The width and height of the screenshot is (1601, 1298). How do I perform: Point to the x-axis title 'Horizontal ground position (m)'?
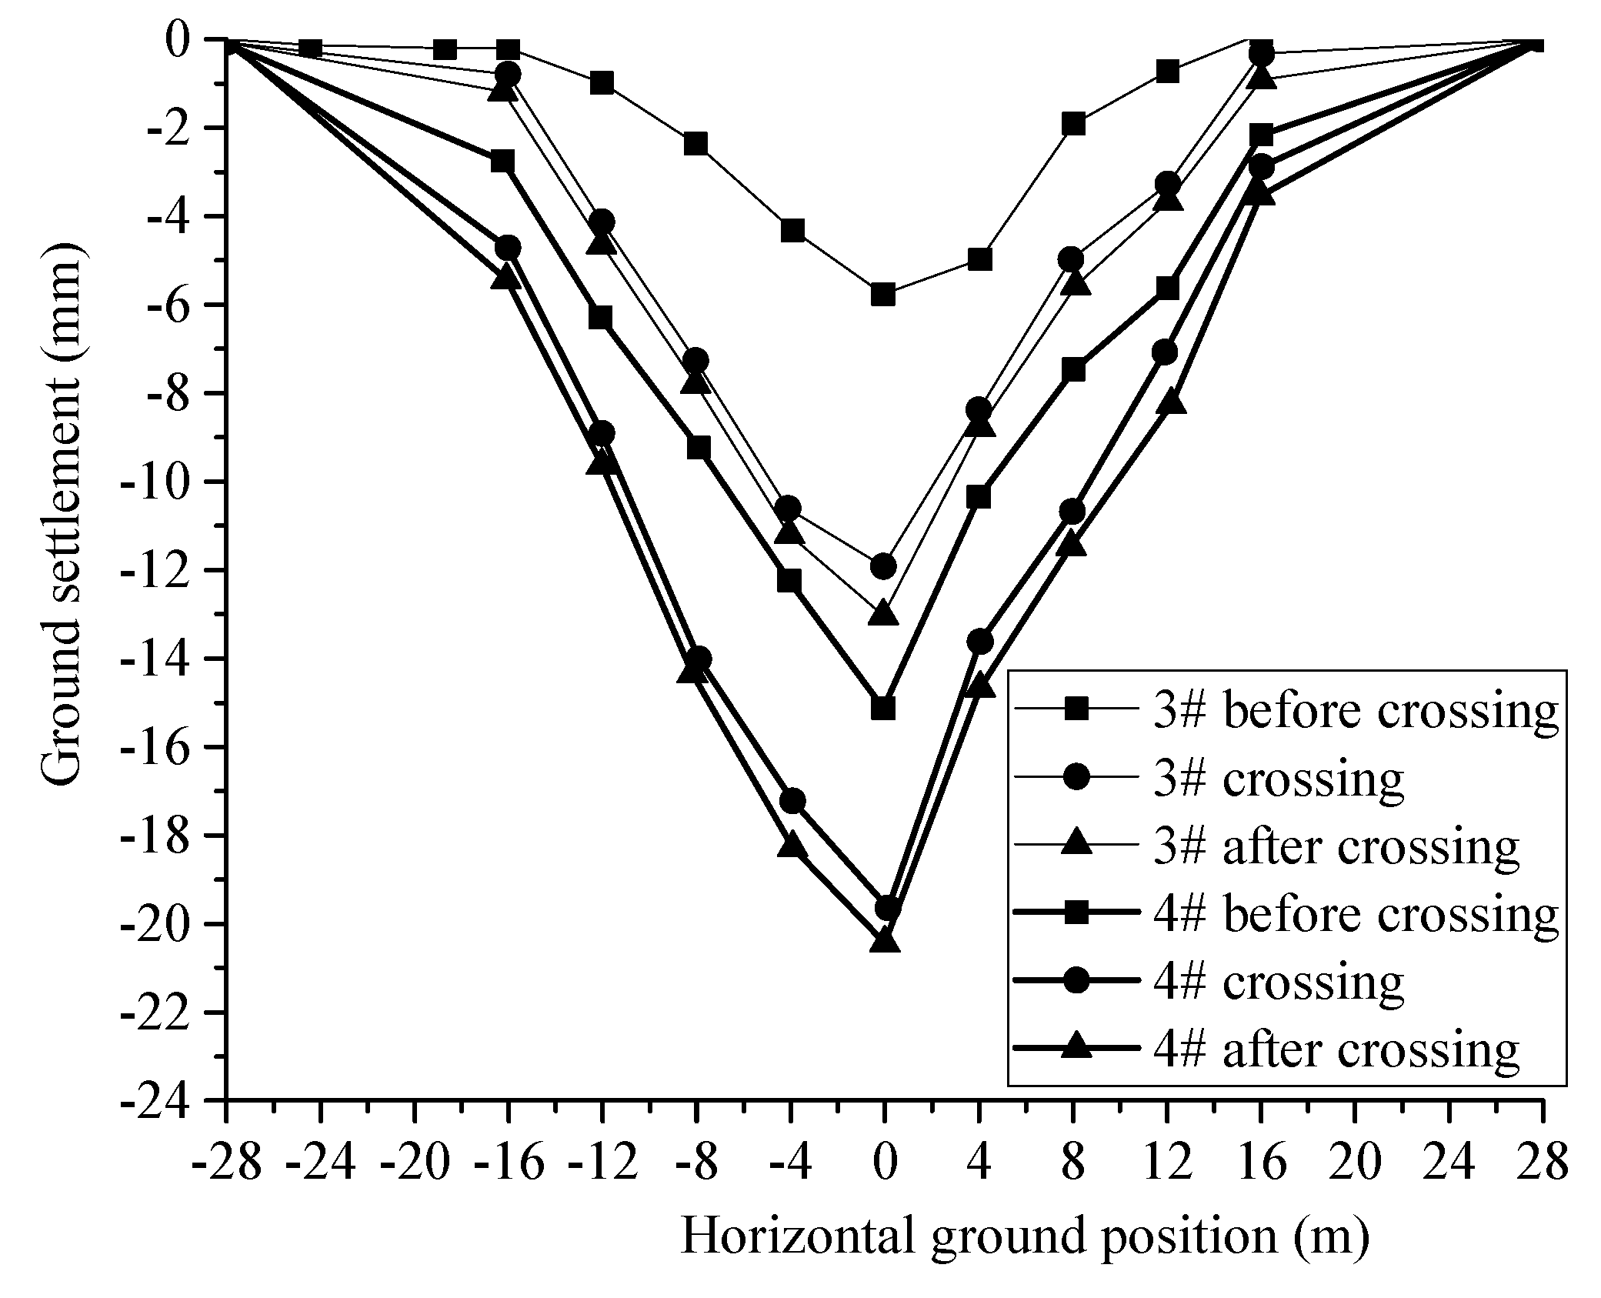pos(1023,1238)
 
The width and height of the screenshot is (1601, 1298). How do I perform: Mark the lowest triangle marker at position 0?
pos(884,940)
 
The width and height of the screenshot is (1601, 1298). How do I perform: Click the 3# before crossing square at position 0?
pos(884,295)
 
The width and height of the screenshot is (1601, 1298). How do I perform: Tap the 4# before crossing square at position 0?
pos(884,707)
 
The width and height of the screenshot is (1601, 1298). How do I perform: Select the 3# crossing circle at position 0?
pos(884,566)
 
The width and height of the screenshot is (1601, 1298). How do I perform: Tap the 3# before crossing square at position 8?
pos(1073,123)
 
